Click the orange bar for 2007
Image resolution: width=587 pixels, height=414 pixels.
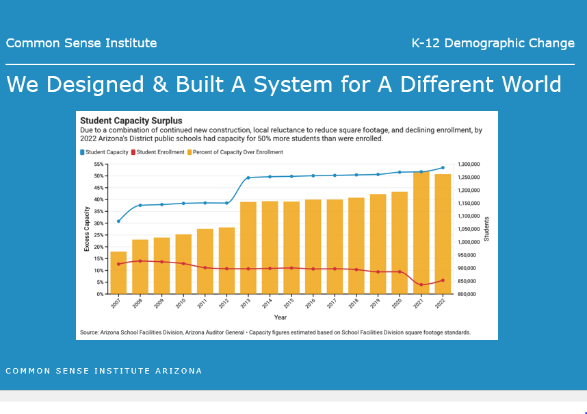118,273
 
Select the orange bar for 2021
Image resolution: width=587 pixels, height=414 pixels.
421,233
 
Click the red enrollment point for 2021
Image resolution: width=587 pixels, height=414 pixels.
421,285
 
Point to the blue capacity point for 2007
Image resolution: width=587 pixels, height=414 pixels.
118,221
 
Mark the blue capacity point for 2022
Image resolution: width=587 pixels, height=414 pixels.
443,167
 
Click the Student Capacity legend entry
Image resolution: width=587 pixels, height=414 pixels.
105,152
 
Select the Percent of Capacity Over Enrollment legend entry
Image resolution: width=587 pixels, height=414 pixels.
237,152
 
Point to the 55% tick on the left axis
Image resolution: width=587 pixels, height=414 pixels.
98,165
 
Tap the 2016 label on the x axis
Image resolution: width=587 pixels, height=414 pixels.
311,304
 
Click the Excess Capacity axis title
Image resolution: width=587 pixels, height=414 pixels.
87,229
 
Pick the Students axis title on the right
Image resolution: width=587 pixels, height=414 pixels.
486,229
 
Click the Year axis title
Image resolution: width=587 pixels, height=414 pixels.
281,317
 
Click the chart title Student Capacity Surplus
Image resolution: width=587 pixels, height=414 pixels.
131,121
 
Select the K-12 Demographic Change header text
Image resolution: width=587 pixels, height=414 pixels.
493,43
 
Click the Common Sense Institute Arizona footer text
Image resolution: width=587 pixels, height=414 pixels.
104,371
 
